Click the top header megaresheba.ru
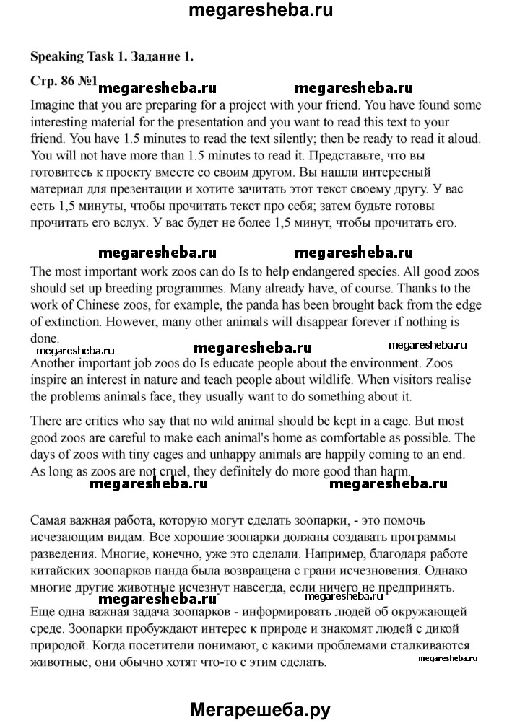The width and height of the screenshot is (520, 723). [x=260, y=12]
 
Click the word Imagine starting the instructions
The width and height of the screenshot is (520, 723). [x=56, y=104]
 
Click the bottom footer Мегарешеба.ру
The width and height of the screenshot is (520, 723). [x=260, y=710]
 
